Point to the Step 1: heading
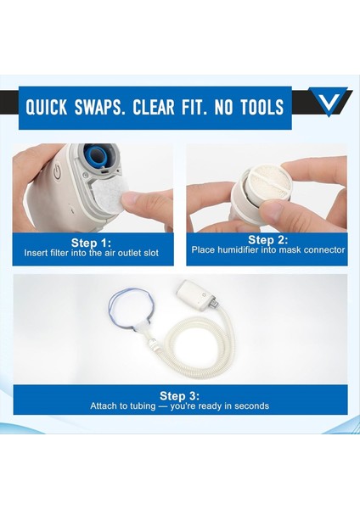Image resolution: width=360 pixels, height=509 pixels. (x=93, y=242)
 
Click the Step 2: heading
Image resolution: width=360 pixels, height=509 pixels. (x=267, y=239)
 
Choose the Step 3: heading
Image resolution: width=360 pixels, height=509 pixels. (x=180, y=395)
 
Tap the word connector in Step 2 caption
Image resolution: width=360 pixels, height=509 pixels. (x=324, y=250)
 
